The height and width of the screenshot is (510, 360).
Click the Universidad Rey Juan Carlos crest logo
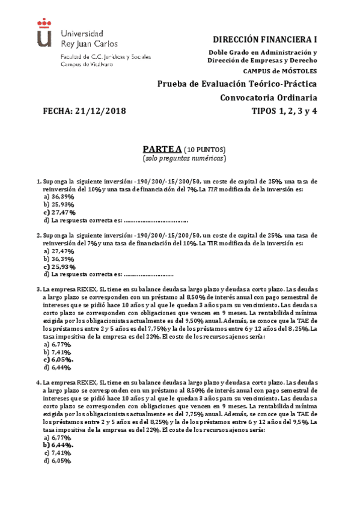44,32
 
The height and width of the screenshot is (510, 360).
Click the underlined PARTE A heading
162,149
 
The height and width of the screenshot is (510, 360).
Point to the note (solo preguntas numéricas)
185,159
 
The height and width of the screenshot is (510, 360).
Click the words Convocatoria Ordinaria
269,97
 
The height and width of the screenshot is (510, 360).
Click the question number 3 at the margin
38,289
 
